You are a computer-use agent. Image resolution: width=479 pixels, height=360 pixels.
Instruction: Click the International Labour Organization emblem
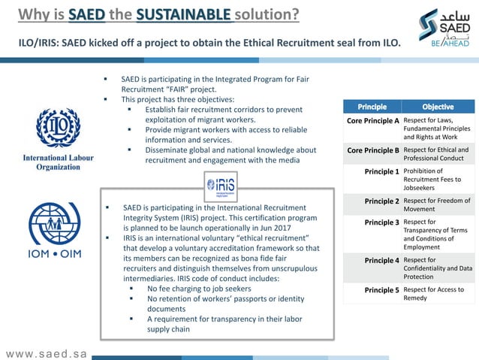coord(58,129)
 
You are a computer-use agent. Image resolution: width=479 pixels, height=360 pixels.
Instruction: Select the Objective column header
coord(438,106)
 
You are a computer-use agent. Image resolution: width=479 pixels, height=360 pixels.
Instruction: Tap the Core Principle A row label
coord(372,120)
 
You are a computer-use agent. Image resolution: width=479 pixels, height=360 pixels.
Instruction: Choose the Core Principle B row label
coord(372,150)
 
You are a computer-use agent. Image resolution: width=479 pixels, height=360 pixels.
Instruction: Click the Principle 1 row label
coord(381,171)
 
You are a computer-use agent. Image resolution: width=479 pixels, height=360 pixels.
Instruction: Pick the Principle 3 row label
coord(381,222)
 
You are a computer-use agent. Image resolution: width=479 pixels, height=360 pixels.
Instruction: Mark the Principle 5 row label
coord(381,289)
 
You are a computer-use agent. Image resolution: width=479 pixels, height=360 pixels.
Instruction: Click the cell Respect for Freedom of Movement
coord(437,205)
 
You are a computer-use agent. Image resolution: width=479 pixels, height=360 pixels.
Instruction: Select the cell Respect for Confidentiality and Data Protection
coord(437,268)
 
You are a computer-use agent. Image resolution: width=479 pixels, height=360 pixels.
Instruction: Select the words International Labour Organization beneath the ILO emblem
coord(58,162)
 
